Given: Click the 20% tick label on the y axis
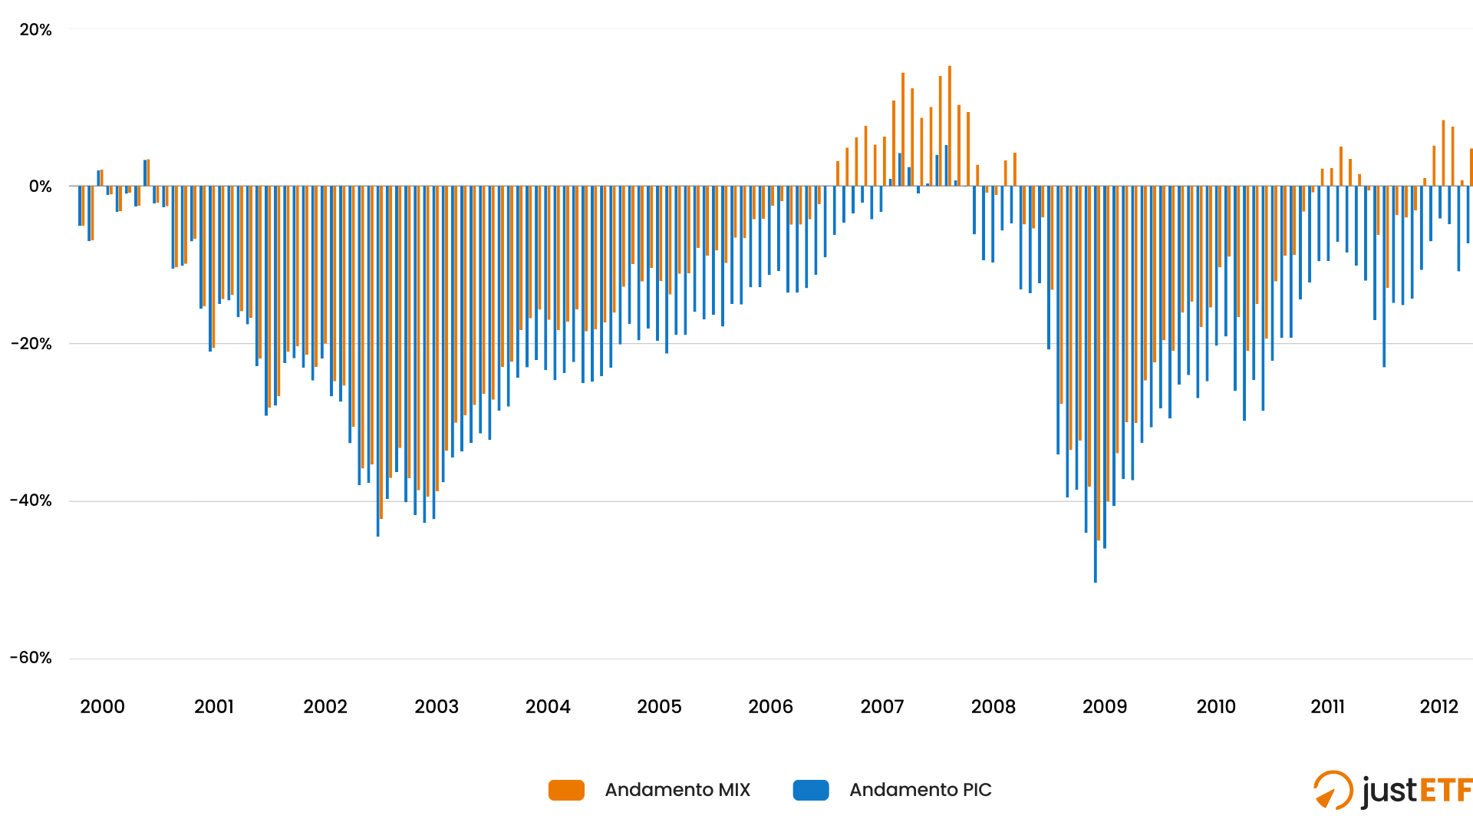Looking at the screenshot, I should tap(35, 30).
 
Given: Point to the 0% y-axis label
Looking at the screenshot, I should tap(40, 187).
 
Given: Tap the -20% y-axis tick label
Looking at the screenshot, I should tap(31, 344).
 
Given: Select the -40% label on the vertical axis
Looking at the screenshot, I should tap(31, 500).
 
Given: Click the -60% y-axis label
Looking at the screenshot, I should tap(31, 658).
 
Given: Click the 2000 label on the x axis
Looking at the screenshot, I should tap(102, 707).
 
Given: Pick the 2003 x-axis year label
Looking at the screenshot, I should tap(437, 707).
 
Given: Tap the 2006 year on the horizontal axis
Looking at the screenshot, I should tap(770, 707).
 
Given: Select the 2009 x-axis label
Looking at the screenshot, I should tap(1105, 707).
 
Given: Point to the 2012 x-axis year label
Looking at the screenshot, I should tap(1438, 707).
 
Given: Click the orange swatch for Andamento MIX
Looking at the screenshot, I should tap(566, 790).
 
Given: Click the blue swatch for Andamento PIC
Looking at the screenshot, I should tap(811, 790).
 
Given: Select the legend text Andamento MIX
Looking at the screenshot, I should tap(677, 790).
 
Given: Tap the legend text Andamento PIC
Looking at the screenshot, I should tap(921, 790).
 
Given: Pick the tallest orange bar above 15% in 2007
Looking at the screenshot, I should tap(950, 127).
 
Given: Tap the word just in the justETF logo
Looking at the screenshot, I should tap(1389, 791).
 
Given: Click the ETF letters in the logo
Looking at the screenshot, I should tap(1445, 791).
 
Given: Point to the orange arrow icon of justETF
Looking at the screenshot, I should tap(1333, 791).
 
